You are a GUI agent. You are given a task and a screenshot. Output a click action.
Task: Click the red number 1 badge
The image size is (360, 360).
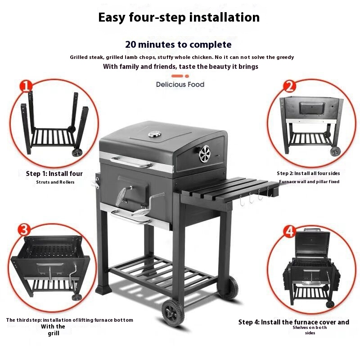coord(26,86)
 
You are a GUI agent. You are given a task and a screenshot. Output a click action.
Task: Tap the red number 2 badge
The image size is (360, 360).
coord(289,86)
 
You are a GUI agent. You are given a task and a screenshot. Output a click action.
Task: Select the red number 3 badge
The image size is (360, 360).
coord(24,229)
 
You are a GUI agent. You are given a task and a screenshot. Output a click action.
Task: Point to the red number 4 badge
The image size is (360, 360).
coord(289,231)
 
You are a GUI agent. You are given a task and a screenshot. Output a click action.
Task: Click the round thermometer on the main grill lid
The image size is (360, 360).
coord(154,134)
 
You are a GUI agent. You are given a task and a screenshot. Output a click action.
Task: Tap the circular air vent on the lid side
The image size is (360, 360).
coord(205,154)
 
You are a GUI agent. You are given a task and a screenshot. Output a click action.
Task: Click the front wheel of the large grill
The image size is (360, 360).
coord(173,313)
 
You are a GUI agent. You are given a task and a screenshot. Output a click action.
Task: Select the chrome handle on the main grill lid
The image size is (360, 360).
coord(131,162)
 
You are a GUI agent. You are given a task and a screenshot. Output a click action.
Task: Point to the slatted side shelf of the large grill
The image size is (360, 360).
coord(229,189)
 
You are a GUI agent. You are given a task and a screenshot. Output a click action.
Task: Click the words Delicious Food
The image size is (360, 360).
coord(180,85)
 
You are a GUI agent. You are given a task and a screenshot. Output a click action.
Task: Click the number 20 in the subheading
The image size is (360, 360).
coord(130,45)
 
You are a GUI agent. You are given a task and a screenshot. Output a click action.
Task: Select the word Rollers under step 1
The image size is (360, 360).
coord(67,182)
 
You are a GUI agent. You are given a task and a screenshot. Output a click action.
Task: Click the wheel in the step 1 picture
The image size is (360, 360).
coord(77,153)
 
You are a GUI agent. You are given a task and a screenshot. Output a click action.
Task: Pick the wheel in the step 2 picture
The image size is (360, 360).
coord(335,151)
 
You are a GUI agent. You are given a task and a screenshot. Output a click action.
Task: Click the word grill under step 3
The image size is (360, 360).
coord(54,333)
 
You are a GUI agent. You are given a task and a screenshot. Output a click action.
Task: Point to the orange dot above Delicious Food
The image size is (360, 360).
coord(187,76)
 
